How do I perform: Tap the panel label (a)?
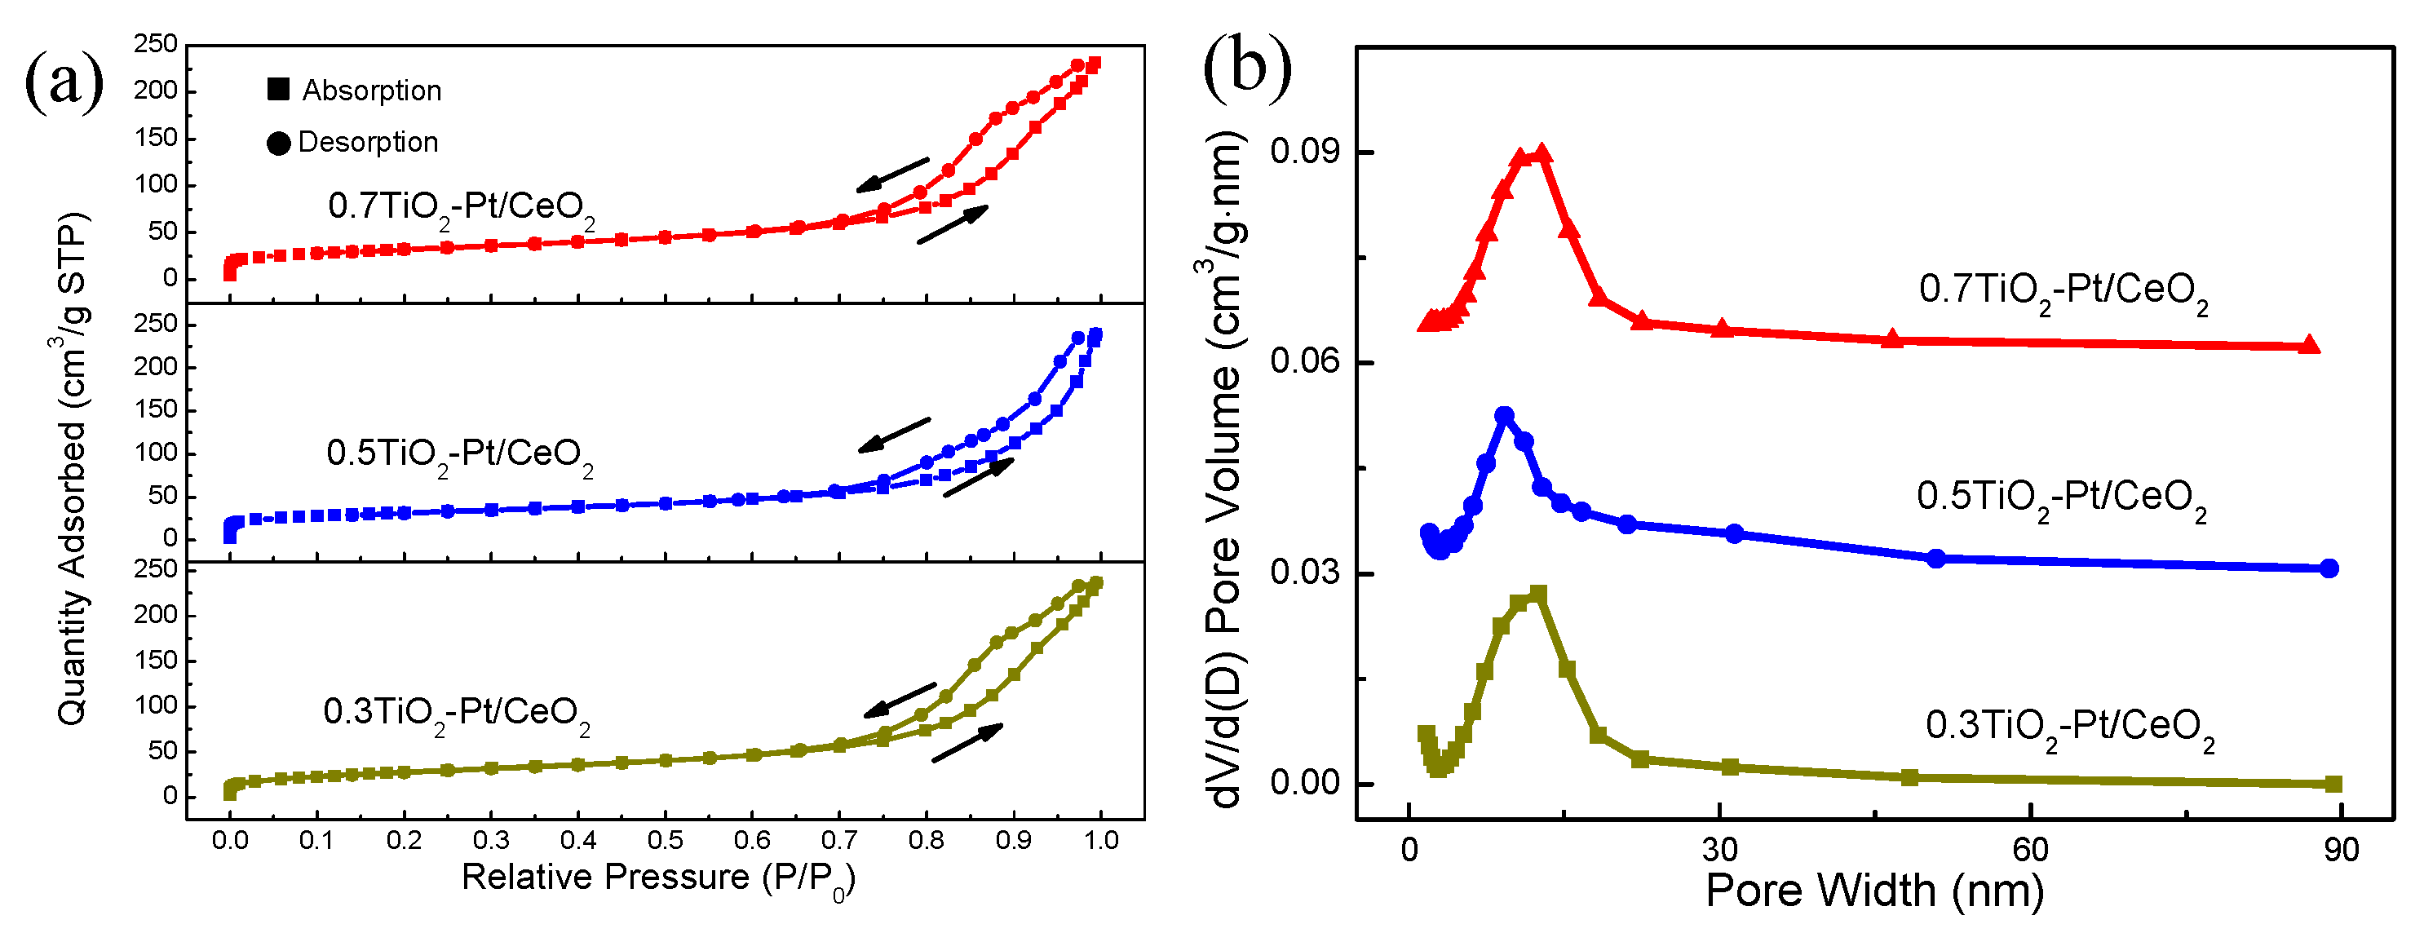63,82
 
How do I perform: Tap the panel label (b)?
1247,66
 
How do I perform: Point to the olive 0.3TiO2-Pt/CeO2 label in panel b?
2069,727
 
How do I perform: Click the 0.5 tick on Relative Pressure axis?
666,840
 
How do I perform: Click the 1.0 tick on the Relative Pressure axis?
1101,840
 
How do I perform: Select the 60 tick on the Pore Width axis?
2030,849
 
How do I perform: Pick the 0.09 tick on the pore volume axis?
1303,152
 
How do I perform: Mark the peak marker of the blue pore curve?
1505,416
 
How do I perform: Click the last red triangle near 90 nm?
2308,345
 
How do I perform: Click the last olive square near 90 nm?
2333,784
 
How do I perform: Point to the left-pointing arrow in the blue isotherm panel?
894,435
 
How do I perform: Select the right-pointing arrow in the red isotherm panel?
953,225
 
